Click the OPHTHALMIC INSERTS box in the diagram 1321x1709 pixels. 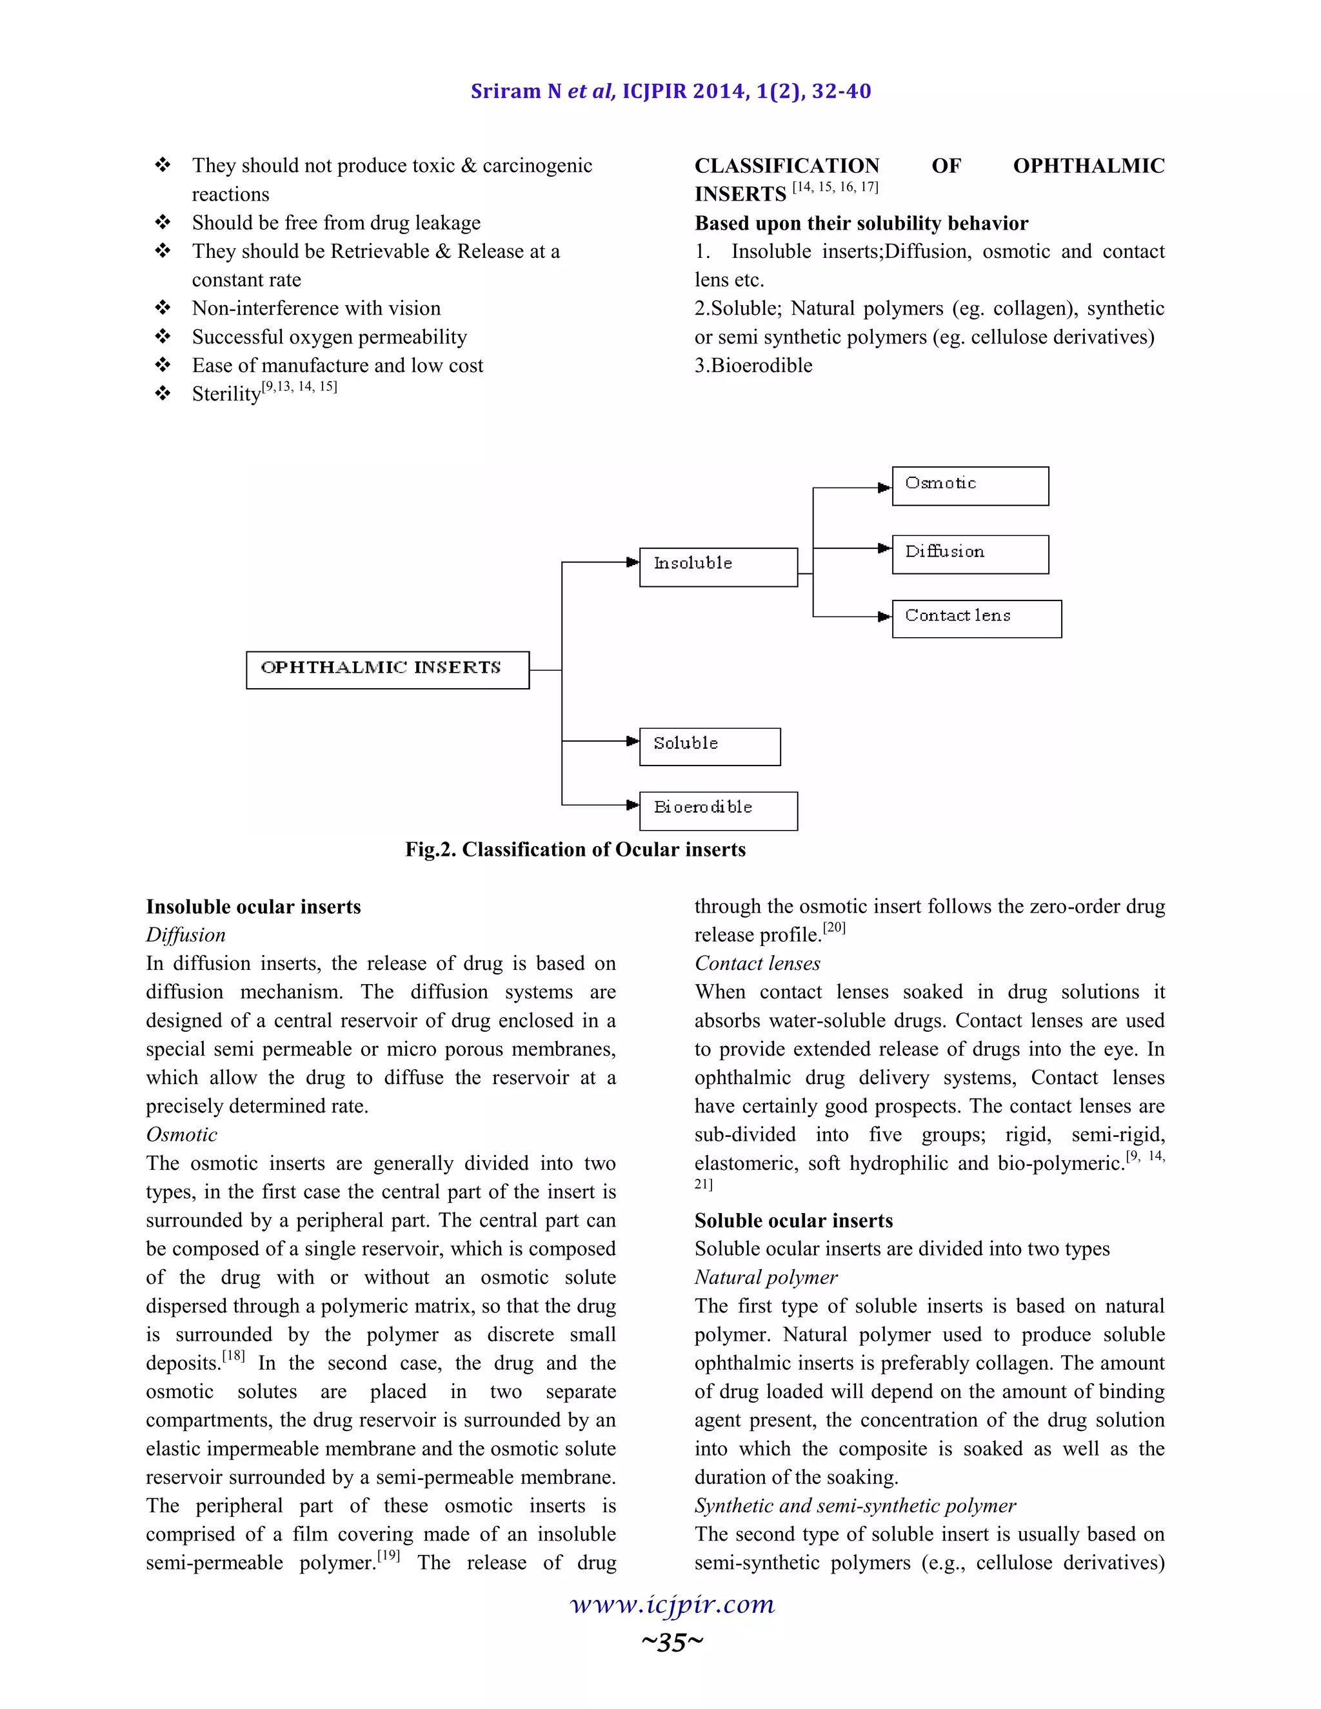click(388, 670)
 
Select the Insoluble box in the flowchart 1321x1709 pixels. click(719, 566)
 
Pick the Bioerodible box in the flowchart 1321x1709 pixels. click(719, 811)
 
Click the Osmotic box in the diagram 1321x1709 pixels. click(969, 486)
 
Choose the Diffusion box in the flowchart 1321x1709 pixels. click(969, 554)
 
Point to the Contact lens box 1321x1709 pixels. click(976, 618)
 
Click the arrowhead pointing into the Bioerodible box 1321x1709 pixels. click(633, 804)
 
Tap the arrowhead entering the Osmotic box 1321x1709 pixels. click(884, 488)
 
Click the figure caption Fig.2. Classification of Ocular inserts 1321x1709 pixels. click(575, 849)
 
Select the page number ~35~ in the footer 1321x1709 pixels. click(672, 1642)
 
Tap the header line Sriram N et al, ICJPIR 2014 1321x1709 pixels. click(671, 92)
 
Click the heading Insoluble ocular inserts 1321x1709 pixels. click(253, 906)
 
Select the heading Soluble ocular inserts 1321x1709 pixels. click(793, 1220)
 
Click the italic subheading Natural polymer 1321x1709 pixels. click(766, 1277)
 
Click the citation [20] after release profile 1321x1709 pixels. click(834, 927)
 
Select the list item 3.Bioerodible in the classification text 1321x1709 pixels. click(753, 366)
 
